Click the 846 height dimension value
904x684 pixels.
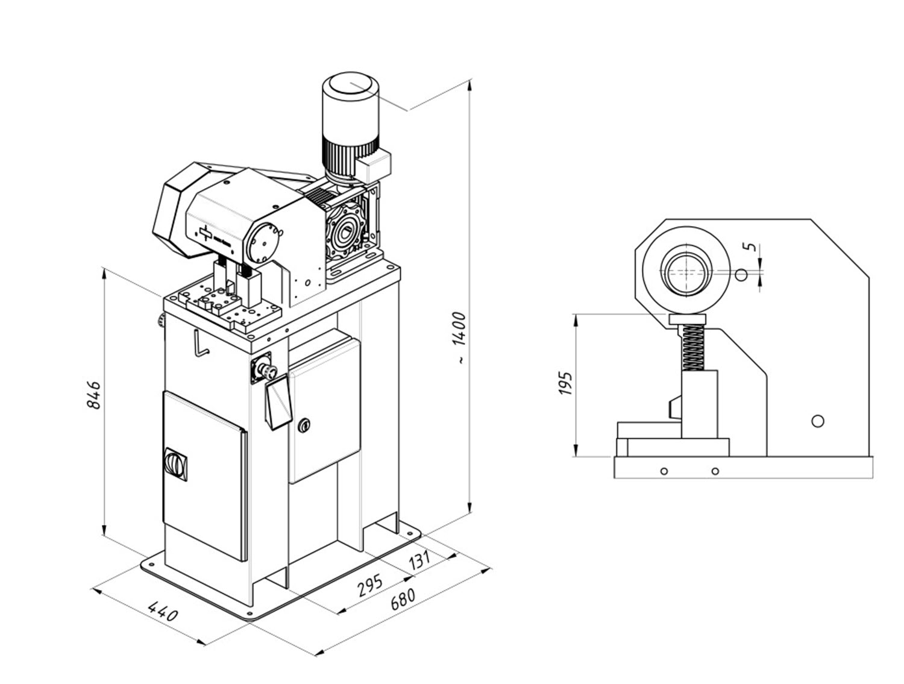click(x=94, y=395)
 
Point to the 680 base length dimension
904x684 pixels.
click(x=403, y=599)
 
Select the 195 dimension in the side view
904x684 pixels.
click(x=566, y=383)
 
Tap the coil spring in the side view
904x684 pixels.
click(x=694, y=347)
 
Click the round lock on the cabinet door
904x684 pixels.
click(x=304, y=425)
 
